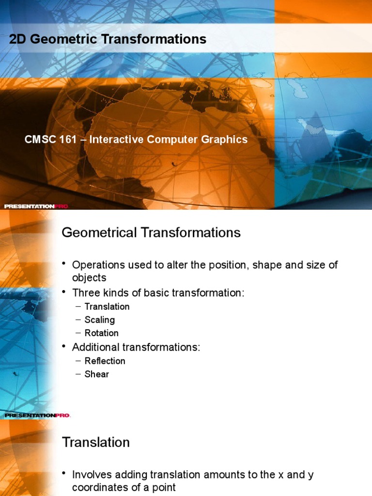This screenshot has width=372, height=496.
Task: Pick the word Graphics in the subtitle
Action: tap(225, 139)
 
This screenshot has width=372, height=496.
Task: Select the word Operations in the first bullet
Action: tap(96, 265)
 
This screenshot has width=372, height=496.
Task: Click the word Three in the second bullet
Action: tap(85, 293)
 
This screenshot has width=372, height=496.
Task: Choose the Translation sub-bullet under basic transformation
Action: tap(107, 307)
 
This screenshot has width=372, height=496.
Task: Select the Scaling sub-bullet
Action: tap(100, 320)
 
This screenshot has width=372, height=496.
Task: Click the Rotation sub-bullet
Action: tap(101, 333)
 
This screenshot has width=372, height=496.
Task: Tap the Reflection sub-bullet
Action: tap(105, 361)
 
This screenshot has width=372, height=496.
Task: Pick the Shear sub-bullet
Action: tap(97, 374)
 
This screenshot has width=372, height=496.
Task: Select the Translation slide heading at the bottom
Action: tap(96, 442)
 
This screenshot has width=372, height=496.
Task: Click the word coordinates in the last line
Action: tap(99, 488)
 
